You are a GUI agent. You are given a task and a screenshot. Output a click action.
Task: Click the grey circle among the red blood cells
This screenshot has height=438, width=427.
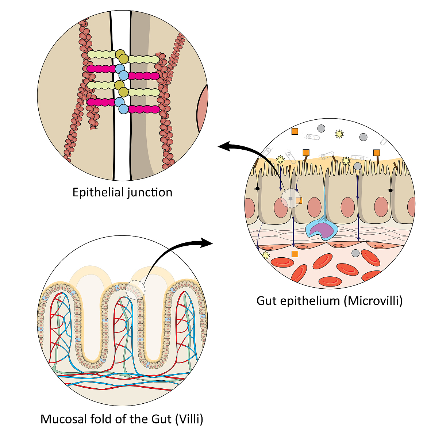pyautogui.click(x=355, y=253)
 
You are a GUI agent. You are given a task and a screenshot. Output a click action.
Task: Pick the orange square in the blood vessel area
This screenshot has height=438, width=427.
pyautogui.click(x=295, y=254)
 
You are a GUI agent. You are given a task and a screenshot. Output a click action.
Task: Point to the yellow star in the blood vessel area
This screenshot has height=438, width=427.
pyautogui.click(x=266, y=255)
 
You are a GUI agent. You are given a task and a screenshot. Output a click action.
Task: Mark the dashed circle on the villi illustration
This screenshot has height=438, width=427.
pyautogui.click(x=135, y=290)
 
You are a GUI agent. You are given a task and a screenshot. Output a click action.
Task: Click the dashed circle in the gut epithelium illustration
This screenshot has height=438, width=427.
pyautogui.click(x=291, y=198)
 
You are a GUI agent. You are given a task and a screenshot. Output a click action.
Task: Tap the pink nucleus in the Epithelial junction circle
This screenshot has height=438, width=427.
pyautogui.click(x=203, y=109)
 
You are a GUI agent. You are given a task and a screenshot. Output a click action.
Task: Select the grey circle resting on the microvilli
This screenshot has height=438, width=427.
pyautogui.click(x=358, y=166)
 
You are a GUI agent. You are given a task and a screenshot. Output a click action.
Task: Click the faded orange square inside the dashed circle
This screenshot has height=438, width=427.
pyautogui.click(x=299, y=200)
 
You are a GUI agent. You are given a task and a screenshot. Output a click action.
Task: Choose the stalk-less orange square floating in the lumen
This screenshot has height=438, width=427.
pyautogui.click(x=295, y=131)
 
